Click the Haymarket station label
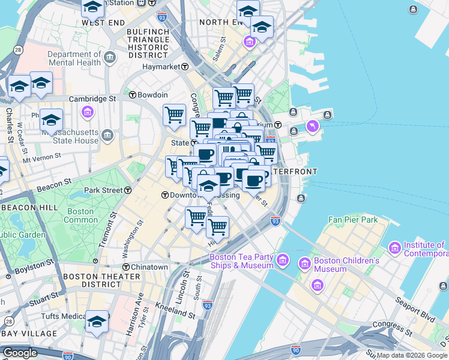[161, 67]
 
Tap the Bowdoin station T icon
[132, 95]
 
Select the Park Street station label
[103, 190]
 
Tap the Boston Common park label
[80, 215]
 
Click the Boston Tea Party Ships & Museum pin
[284, 261]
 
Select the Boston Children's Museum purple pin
[304, 265]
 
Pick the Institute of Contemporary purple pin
[395, 248]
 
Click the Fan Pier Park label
[353, 220]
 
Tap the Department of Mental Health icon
[110, 58]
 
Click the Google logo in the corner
[20, 353]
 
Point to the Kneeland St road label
[176, 314]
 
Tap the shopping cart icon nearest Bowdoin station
[174, 114]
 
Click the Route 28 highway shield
[19, 50]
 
